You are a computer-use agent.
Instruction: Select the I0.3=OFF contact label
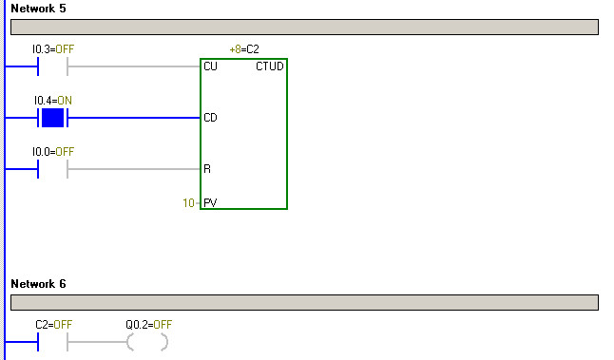52,47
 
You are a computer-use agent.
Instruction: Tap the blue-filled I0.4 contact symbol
52,118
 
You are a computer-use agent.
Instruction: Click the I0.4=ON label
52,100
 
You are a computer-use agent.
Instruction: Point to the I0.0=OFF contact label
52,151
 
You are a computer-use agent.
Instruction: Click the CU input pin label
210,66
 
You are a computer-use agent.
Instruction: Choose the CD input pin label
210,118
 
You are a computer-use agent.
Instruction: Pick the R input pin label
207,169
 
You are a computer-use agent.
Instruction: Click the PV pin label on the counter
210,202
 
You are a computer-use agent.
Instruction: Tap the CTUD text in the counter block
269,66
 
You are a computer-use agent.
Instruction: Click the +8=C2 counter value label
244,47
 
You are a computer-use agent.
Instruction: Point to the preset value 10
189,202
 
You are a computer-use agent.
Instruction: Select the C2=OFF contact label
53,324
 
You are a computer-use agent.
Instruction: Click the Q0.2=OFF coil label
148,324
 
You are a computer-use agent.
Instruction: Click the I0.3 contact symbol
52,66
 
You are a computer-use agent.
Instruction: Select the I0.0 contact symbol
52,169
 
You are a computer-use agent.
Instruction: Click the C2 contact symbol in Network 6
52,342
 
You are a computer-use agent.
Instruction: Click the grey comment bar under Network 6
304,303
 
